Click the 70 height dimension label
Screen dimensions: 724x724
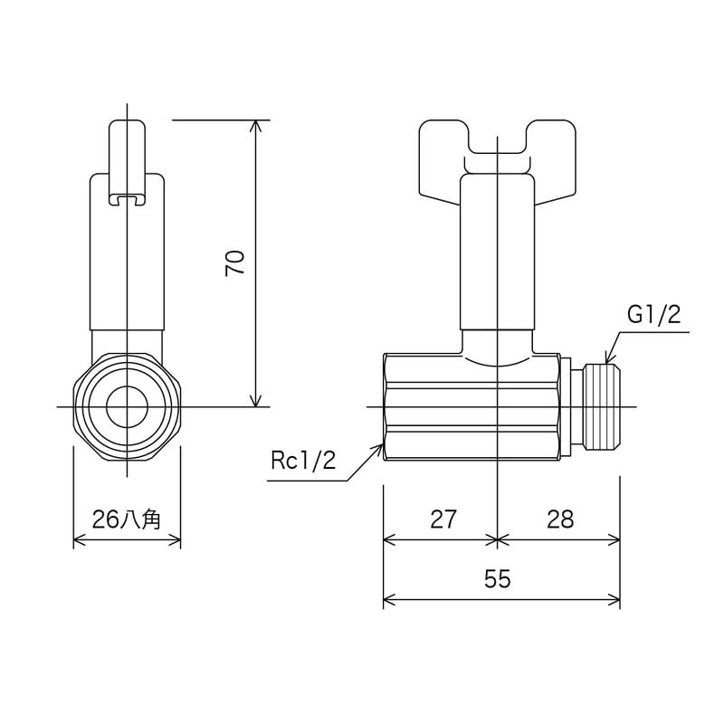click(x=235, y=262)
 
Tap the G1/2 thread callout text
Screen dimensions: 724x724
click(x=653, y=314)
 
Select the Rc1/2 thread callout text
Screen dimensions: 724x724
click(x=303, y=461)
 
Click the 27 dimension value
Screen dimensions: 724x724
click(x=443, y=519)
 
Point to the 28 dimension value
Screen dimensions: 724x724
click(x=560, y=519)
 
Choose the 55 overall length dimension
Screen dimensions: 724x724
click(x=498, y=580)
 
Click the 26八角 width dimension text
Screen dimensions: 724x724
click(x=127, y=519)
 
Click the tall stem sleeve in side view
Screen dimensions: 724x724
click(x=497, y=253)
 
